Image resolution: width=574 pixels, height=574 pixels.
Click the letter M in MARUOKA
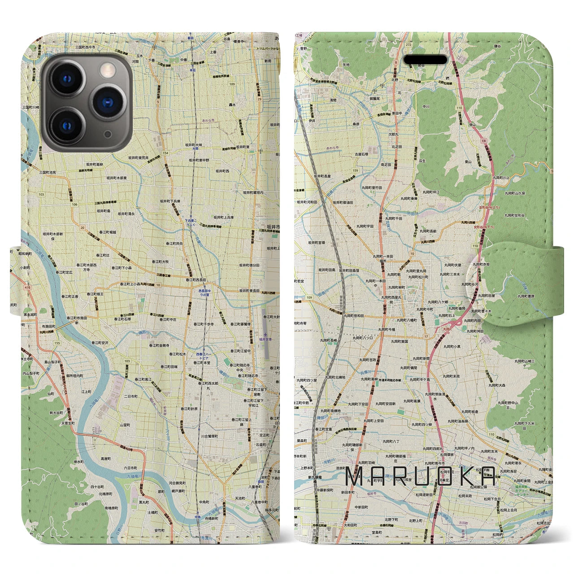pyautogui.click(x=357, y=476)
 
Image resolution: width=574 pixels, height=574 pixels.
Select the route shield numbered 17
pyautogui.click(x=426, y=336)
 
